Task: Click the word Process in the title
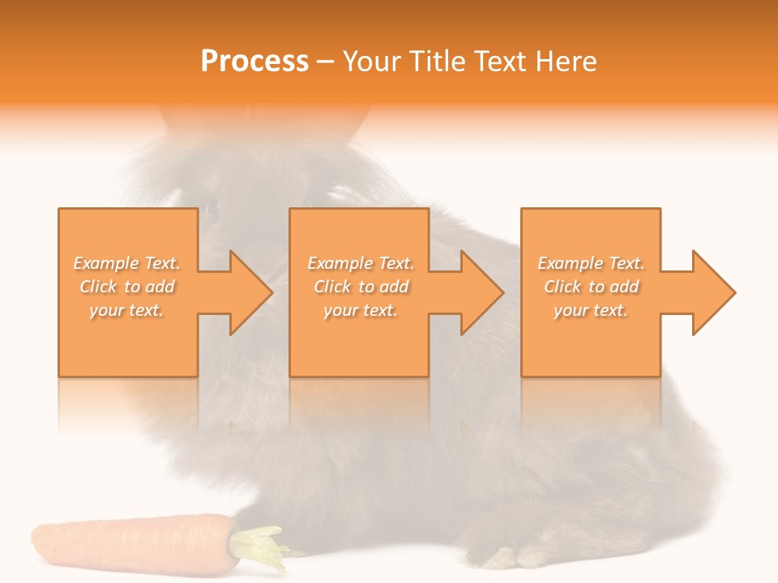[254, 61]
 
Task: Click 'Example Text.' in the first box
[127, 263]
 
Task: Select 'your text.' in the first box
[127, 310]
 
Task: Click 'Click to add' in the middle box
[361, 287]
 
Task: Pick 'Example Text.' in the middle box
[361, 263]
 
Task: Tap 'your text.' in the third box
[591, 310]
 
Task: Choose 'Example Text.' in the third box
[591, 263]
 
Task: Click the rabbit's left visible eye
[212, 210]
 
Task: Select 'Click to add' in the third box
[591, 287]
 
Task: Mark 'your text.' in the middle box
[361, 310]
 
